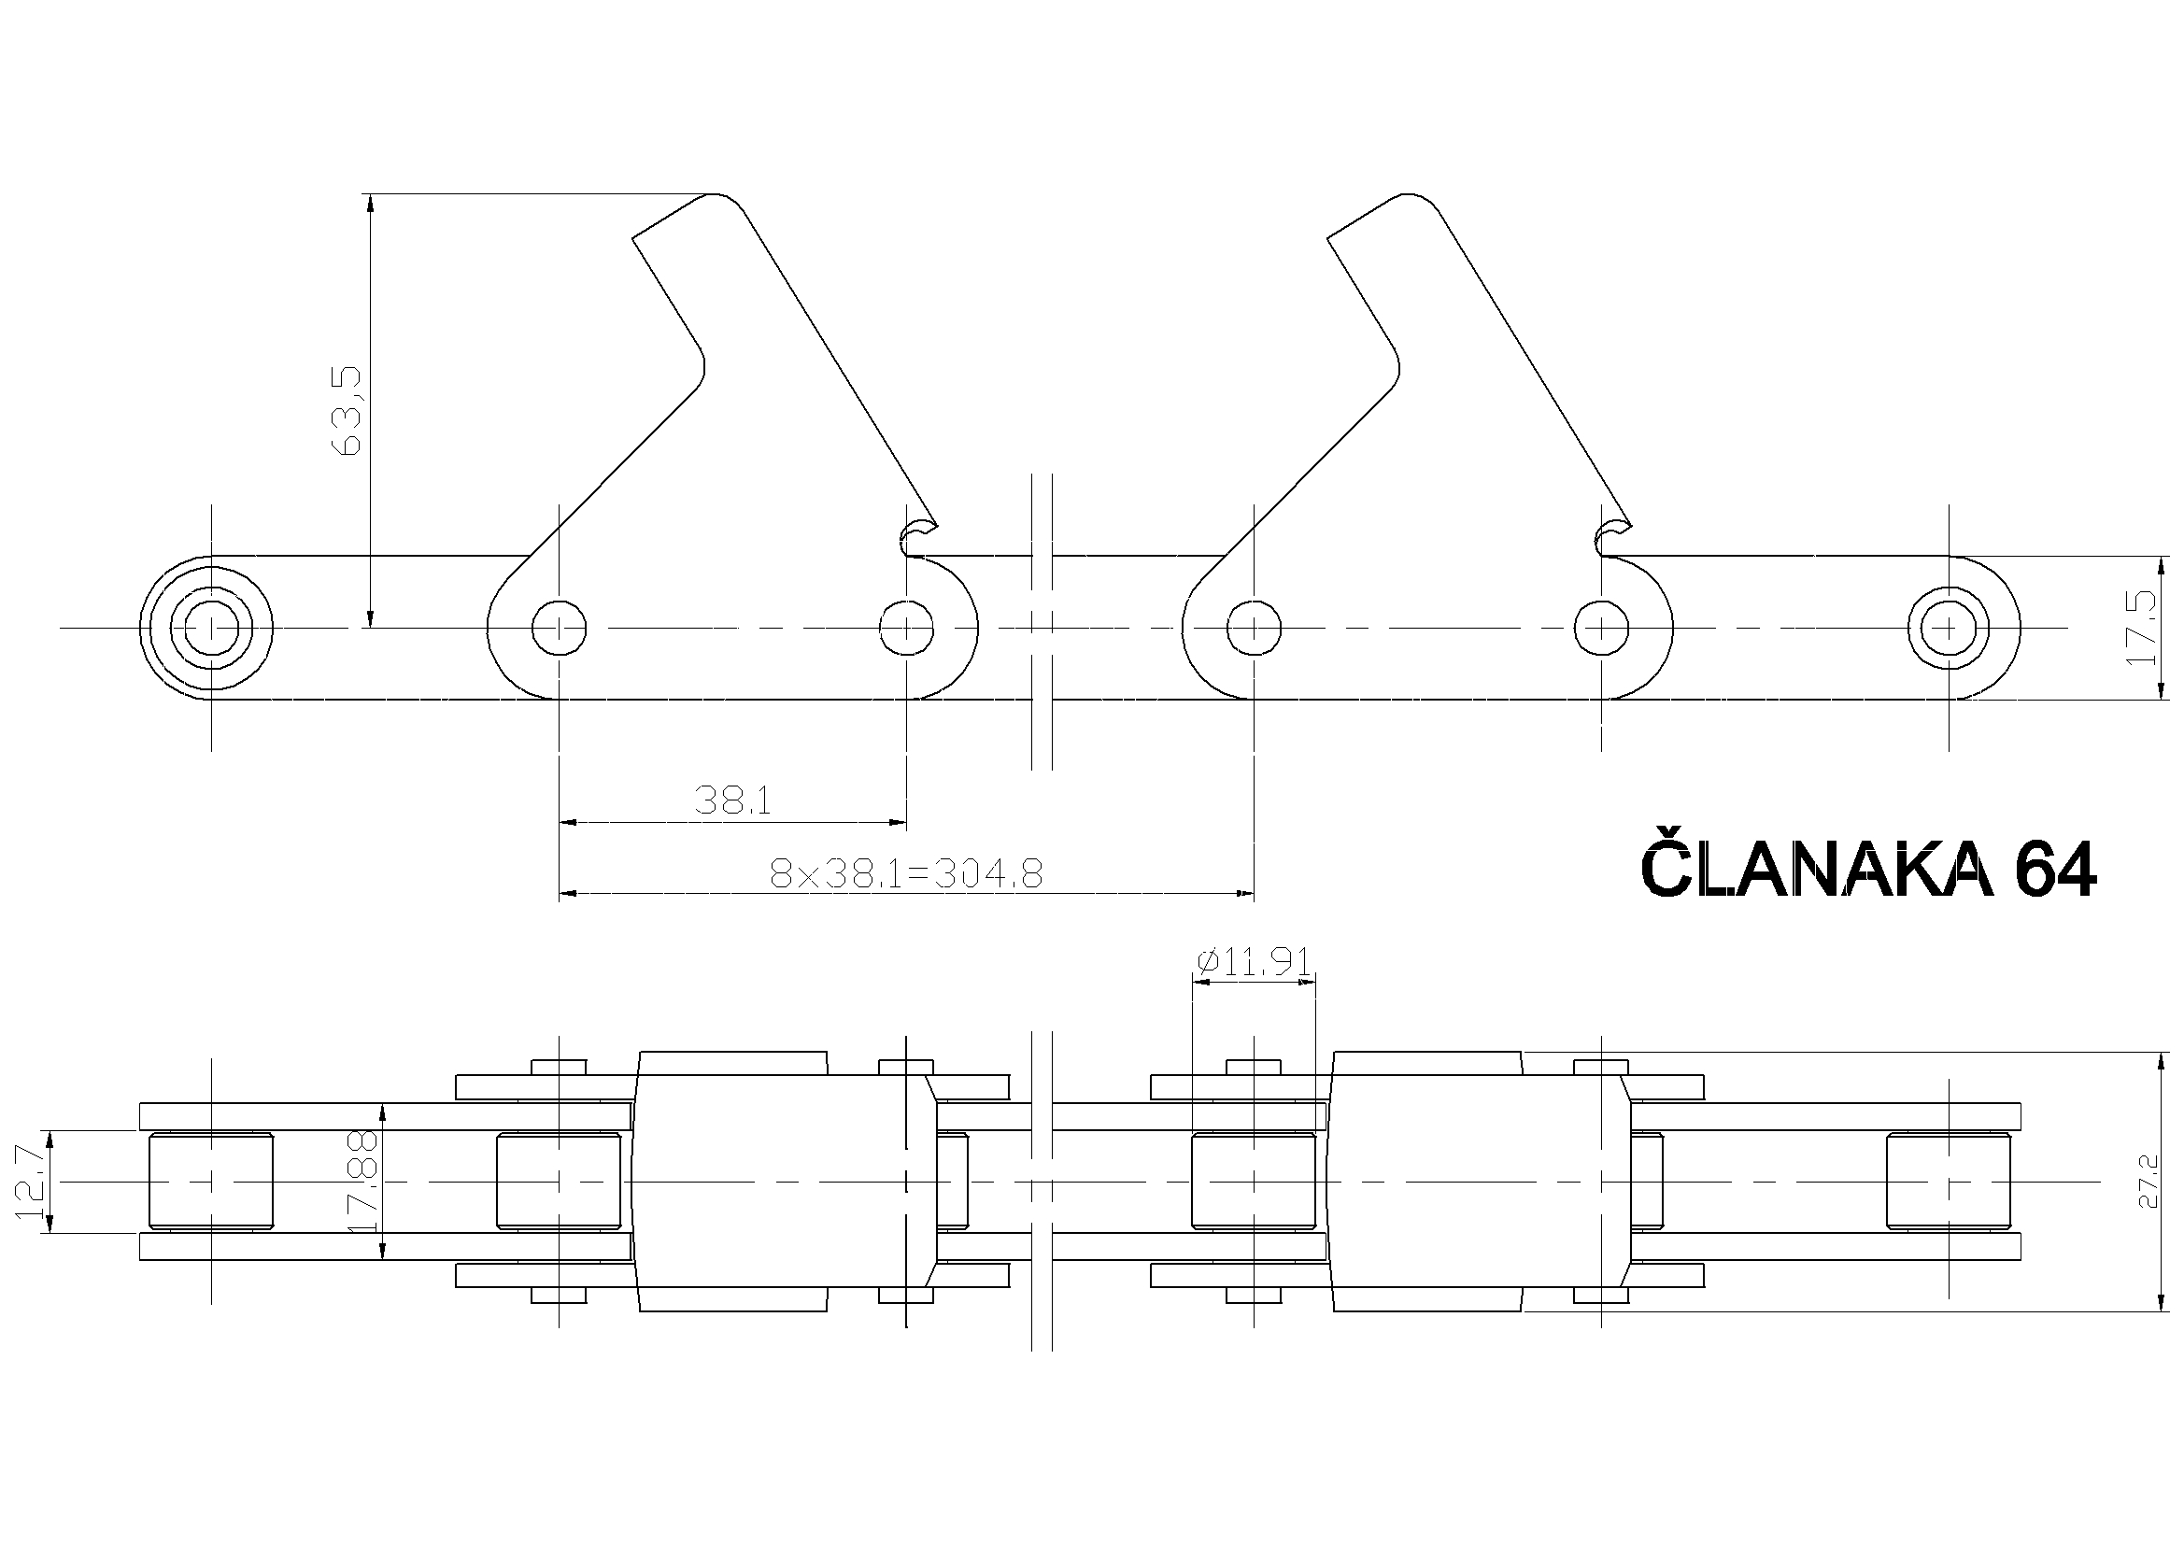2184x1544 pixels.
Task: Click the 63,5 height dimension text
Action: pos(350,410)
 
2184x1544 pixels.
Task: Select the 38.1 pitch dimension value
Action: pos(732,800)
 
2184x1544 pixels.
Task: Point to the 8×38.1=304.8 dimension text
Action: pos(905,873)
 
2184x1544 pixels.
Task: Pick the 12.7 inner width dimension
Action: pos(32,1182)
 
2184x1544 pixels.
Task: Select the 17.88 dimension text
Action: pos(364,1182)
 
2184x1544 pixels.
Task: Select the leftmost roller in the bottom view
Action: pos(211,1182)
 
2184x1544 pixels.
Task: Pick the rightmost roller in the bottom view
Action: pos(1948,1182)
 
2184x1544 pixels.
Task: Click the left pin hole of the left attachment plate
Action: pos(560,628)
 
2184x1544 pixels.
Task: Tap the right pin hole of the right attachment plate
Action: pos(1602,628)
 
